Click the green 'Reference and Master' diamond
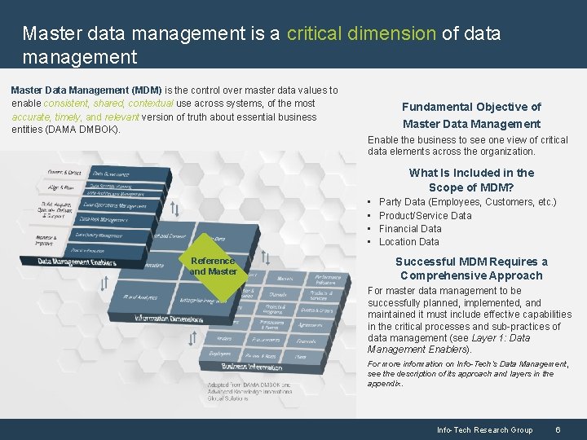214,266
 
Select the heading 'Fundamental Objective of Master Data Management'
471,115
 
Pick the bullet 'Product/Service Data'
425,215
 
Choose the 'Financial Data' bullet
410,228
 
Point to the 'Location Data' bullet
408,241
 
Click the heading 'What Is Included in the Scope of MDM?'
471,179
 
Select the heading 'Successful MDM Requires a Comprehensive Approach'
471,268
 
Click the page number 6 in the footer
557,429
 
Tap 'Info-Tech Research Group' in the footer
484,429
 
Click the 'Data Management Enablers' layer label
77,262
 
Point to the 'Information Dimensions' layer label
169,318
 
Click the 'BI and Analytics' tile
140,297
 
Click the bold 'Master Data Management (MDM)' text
86,90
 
